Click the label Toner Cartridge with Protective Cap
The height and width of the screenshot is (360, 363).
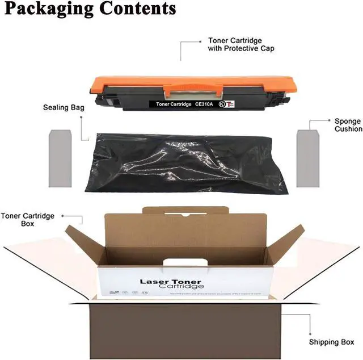pos(241,45)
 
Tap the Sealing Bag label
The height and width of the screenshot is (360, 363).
pos(61,107)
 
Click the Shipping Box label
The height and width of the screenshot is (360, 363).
pos(331,342)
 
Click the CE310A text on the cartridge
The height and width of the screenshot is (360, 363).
pos(209,104)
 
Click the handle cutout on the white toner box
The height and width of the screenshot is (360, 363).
pos(181,262)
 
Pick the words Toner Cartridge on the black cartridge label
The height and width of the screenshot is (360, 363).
pos(174,104)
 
